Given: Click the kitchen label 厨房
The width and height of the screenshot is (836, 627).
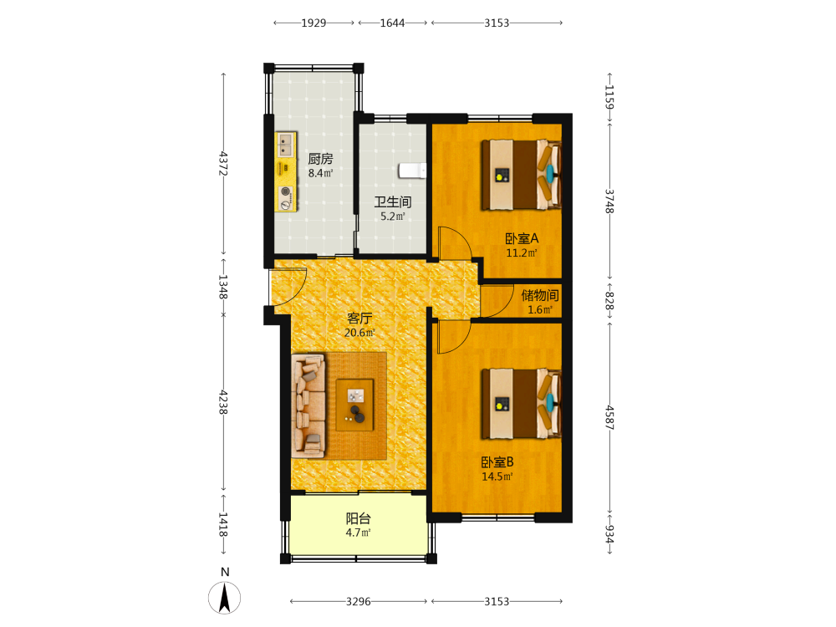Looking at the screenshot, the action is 320,159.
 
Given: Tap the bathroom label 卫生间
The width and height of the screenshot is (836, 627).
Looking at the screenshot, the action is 392,202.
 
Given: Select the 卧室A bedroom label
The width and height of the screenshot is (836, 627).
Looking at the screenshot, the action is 522,238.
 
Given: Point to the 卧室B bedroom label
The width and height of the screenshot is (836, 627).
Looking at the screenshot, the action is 497,462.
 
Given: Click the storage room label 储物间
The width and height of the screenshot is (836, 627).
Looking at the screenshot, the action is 540,295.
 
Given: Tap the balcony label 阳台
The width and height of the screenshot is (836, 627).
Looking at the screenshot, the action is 359,518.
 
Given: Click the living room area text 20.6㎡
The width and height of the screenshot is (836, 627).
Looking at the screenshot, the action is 359,333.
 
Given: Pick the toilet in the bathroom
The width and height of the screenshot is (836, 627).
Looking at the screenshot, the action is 413,171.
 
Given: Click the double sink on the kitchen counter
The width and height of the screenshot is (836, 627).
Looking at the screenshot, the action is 286,145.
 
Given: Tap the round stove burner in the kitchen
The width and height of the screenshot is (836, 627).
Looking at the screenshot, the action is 286,191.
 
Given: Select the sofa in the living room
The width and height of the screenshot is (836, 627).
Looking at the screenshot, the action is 308,406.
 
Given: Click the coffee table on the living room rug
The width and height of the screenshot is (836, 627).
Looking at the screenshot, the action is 354,405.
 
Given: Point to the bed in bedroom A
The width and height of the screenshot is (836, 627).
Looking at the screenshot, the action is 522,175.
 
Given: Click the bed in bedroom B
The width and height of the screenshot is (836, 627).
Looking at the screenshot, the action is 522,404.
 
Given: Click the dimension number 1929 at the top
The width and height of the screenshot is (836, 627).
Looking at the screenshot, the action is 313,23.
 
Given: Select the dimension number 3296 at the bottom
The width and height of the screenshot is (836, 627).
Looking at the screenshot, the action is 359,601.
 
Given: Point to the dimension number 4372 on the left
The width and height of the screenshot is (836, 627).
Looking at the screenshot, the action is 223,164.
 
